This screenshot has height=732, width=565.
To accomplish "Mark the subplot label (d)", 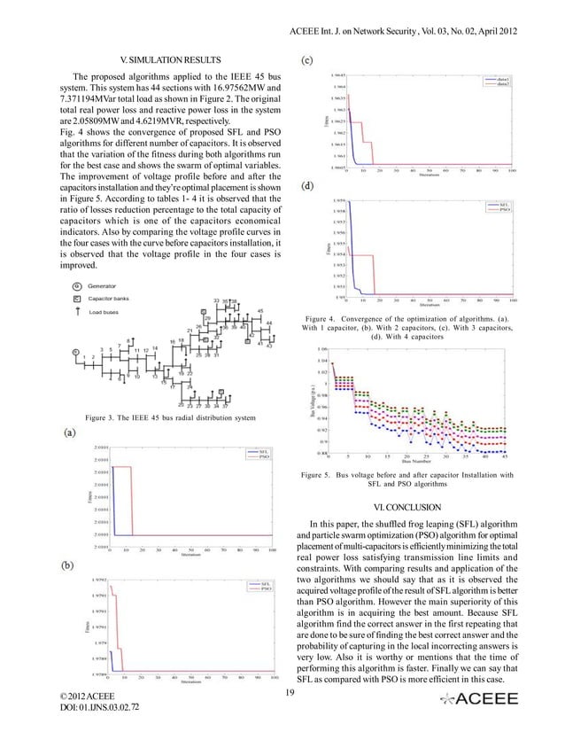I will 306,187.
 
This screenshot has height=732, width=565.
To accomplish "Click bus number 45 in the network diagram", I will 259,311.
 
